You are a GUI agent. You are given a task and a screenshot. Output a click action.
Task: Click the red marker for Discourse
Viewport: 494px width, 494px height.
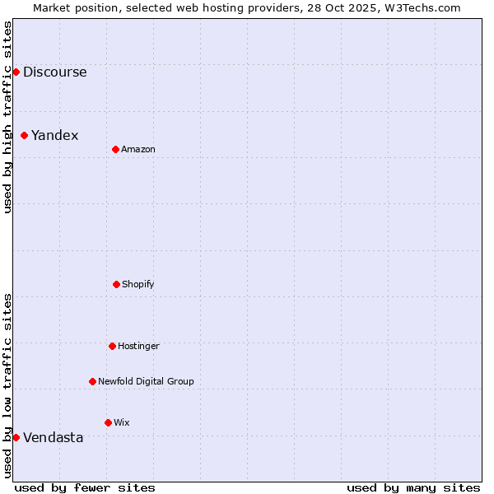pyautogui.click(x=16, y=72)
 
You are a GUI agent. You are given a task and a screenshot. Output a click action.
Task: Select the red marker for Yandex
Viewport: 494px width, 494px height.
pyautogui.click(x=25, y=135)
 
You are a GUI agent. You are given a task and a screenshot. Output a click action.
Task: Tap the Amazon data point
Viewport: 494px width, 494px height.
pyautogui.click(x=115, y=149)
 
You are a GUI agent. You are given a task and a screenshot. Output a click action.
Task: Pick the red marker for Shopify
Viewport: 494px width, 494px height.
pyautogui.click(x=116, y=284)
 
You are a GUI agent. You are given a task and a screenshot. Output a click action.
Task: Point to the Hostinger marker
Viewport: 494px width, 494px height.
pyautogui.click(x=112, y=346)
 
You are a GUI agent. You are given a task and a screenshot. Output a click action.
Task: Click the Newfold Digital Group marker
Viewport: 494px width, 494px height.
pyautogui.click(x=92, y=381)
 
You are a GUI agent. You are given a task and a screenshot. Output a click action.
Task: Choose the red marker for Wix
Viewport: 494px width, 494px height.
pyautogui.click(x=108, y=422)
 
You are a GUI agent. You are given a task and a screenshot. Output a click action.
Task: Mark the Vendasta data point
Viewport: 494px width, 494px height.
pyautogui.click(x=16, y=437)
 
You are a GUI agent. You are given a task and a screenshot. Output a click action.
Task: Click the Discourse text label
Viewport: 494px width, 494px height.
pyautogui.click(x=54, y=72)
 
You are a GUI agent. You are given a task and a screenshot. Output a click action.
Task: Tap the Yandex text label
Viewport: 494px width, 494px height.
pyautogui.click(x=54, y=136)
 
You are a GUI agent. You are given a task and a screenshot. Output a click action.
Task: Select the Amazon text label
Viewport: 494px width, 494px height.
pyautogui.click(x=138, y=149)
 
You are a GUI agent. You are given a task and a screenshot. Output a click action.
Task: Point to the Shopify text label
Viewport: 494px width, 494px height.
pyautogui.click(x=138, y=284)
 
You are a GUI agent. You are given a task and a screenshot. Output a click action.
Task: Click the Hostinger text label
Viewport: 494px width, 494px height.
pyautogui.click(x=138, y=346)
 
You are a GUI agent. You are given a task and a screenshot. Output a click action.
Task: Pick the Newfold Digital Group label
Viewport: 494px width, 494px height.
pyautogui.click(x=146, y=381)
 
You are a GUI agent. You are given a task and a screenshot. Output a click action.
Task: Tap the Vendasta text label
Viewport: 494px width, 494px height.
pyautogui.click(x=53, y=438)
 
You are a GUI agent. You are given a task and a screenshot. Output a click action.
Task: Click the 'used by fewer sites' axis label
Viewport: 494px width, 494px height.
pyautogui.click(x=85, y=487)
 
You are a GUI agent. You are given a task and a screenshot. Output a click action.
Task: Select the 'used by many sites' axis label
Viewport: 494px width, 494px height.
pyautogui.click(x=413, y=487)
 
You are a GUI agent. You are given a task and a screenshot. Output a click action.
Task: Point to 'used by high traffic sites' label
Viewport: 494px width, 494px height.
pyautogui.click(x=7, y=117)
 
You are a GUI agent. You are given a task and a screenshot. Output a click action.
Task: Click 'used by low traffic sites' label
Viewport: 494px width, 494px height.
pyautogui.click(x=7, y=385)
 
